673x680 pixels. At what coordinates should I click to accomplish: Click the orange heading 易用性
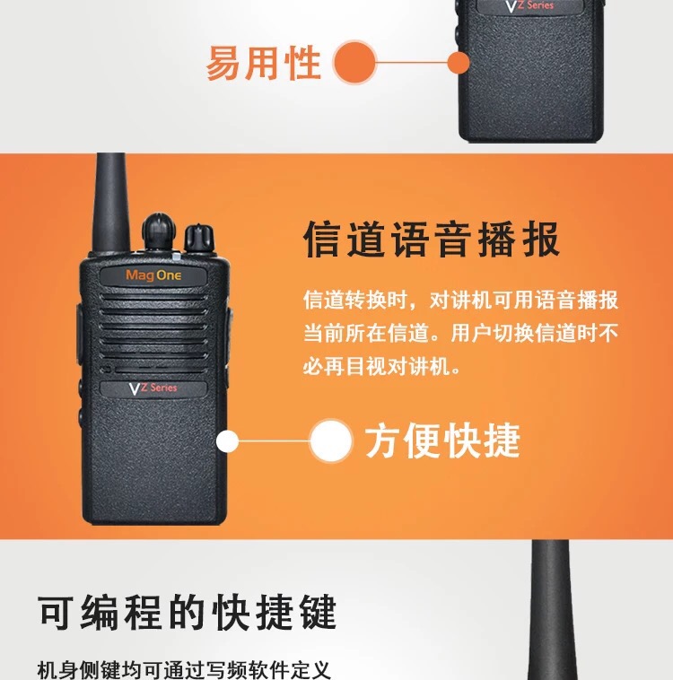[x=264, y=64]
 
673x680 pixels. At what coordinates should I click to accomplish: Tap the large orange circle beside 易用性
[x=355, y=62]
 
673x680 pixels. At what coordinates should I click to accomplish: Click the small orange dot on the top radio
[x=459, y=63]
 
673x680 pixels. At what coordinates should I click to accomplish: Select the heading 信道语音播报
[x=432, y=239]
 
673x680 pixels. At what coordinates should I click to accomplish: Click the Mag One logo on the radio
[x=153, y=275]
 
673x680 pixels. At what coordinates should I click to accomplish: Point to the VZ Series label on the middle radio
[x=153, y=388]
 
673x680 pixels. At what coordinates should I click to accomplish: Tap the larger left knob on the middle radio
[x=159, y=231]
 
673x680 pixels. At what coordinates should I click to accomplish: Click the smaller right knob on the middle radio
[x=198, y=238]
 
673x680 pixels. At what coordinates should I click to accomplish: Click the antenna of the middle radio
[x=111, y=202]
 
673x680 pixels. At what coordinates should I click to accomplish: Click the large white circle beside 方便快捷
[x=331, y=440]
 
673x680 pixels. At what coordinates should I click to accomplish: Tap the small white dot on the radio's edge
[x=227, y=441]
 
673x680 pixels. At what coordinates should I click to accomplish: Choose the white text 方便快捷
[x=442, y=441]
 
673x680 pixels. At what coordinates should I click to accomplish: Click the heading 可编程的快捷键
[x=187, y=613]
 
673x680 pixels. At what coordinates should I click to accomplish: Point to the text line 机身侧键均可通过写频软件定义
[x=184, y=669]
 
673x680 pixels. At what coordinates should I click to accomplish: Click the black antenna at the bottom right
[x=551, y=610]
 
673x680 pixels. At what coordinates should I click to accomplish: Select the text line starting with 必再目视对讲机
[x=382, y=367]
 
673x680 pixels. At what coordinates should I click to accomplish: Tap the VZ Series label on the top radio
[x=529, y=6]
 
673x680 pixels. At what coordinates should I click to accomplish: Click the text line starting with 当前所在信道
[x=461, y=334]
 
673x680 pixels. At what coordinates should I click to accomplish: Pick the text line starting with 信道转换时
[x=461, y=301]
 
